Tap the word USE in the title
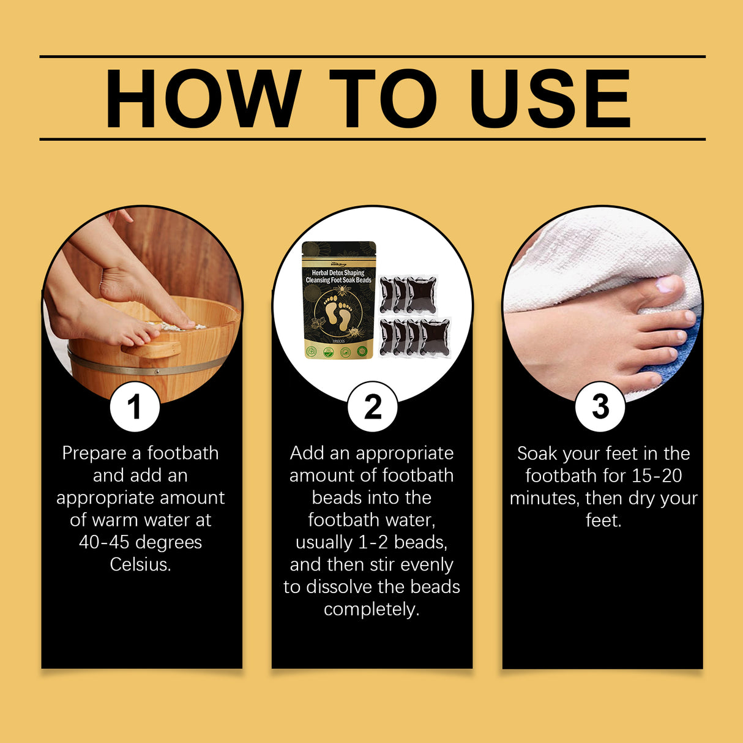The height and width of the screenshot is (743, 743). click(550, 99)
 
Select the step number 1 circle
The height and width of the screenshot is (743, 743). click(135, 407)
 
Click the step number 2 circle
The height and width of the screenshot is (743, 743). click(372, 407)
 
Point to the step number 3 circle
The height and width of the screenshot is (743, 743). click(600, 407)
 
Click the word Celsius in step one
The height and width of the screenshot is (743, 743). click(140, 564)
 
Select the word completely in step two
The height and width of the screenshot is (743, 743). click(371, 610)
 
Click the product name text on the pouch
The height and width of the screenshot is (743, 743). click(338, 276)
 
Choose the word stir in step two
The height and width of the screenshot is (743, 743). click(382, 564)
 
